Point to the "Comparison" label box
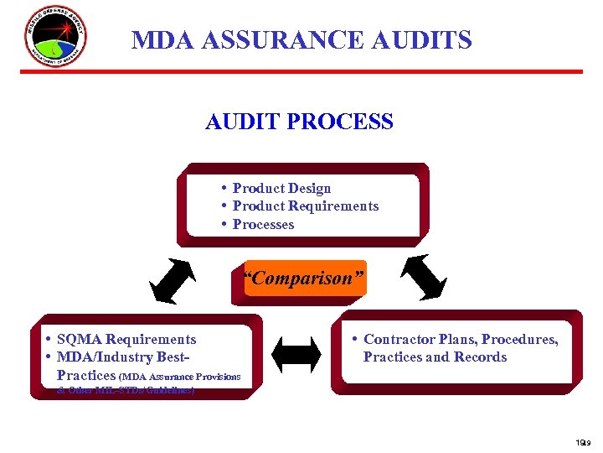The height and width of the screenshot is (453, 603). click(x=305, y=279)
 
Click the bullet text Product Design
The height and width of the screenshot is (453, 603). click(x=281, y=188)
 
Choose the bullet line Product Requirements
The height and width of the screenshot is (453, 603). click(x=305, y=206)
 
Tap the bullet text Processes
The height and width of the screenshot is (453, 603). click(x=263, y=224)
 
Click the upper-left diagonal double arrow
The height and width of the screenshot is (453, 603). click(x=172, y=280)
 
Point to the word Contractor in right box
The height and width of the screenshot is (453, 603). click(x=398, y=339)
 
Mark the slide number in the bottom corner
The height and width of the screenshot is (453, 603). click(x=582, y=442)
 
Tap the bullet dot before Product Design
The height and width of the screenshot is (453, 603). click(x=225, y=187)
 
